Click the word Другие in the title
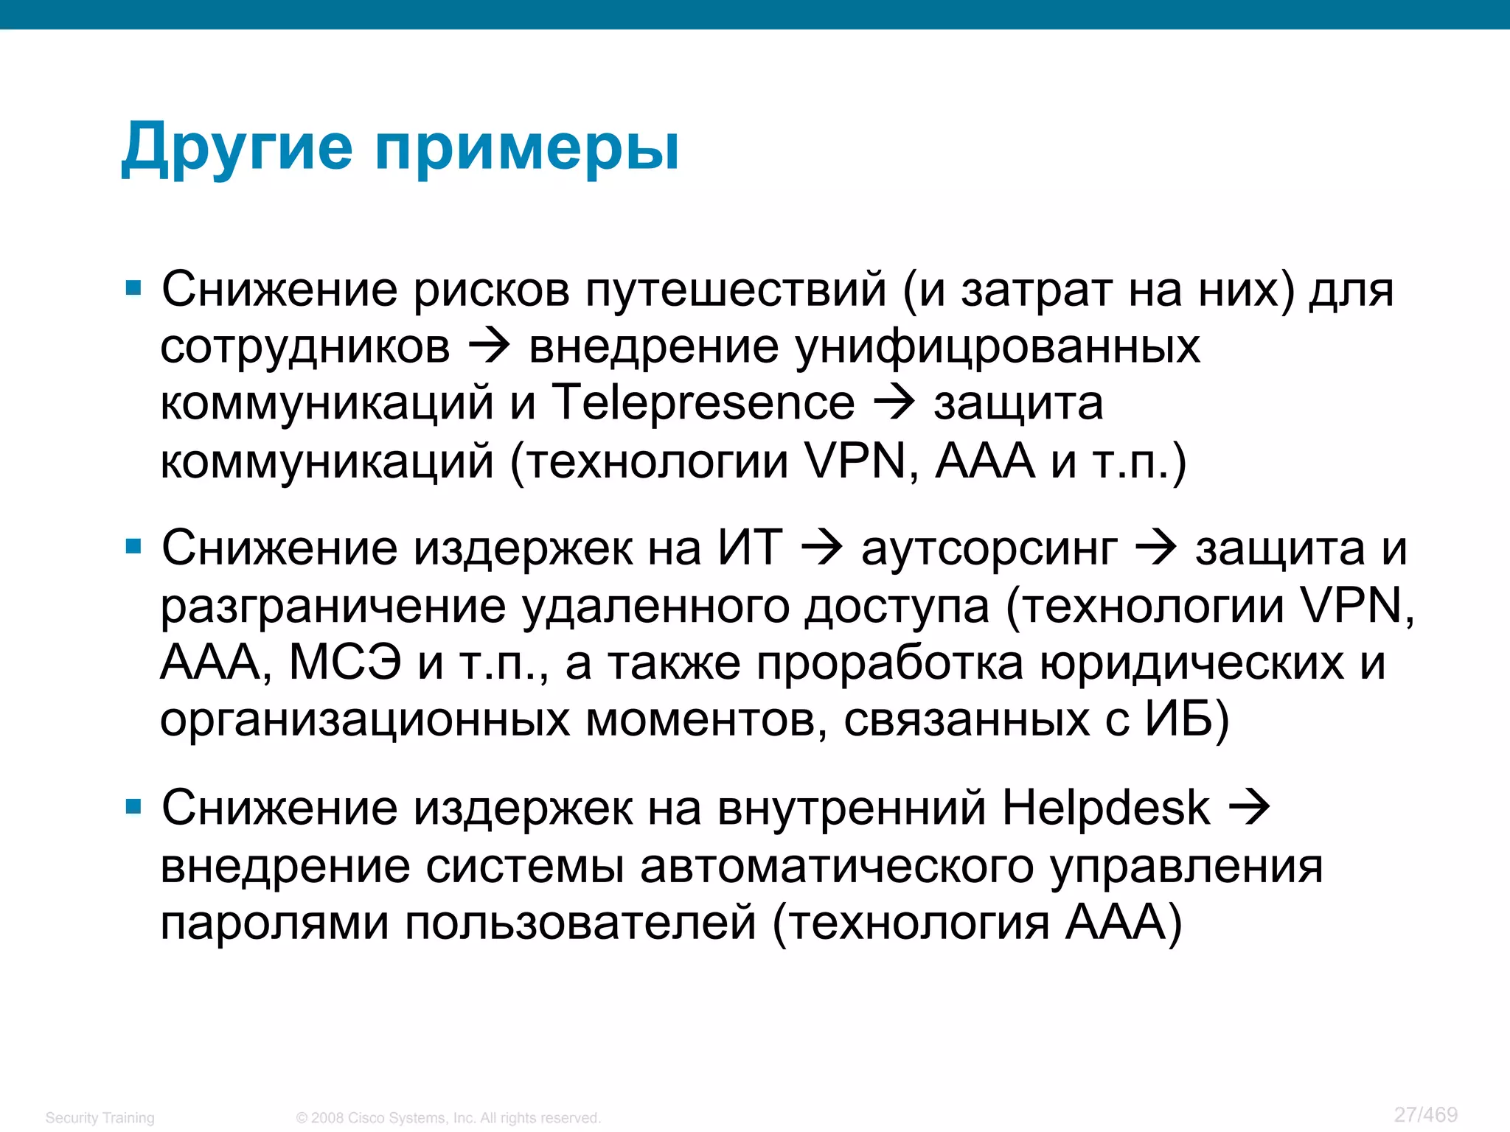(237, 147)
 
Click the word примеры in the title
(526, 150)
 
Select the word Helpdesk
(1106, 808)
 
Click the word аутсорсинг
(989, 549)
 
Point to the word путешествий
(735, 289)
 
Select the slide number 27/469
(1426, 1114)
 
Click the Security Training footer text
(100, 1118)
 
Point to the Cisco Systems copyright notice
(448, 1118)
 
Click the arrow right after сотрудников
(490, 346)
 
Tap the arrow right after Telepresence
(894, 403)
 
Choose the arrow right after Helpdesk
(1249, 808)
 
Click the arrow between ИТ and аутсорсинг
(821, 549)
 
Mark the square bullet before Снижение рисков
(133, 287)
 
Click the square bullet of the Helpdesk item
(133, 807)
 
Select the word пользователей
(581, 923)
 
